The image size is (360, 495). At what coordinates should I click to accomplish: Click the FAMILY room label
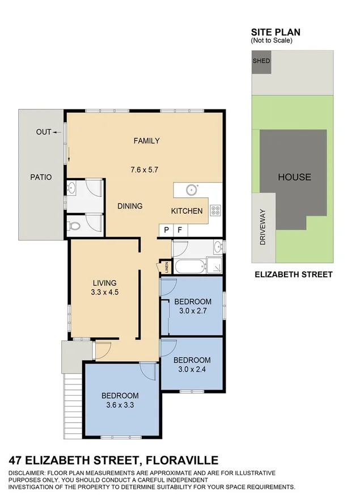[146, 141]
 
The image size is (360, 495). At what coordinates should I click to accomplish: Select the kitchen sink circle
[192, 189]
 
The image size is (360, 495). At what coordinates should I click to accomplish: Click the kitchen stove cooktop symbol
[215, 210]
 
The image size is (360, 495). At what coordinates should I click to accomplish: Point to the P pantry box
[167, 230]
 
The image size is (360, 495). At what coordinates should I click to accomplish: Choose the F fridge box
[180, 230]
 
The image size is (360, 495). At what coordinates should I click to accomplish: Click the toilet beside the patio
[74, 226]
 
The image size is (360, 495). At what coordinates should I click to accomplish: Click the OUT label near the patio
[44, 132]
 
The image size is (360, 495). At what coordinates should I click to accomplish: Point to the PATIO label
[41, 177]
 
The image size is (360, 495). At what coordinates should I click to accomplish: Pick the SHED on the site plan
[262, 61]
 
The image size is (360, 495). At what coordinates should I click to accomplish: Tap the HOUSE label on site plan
[294, 177]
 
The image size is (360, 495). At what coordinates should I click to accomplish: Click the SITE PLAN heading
[276, 32]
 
